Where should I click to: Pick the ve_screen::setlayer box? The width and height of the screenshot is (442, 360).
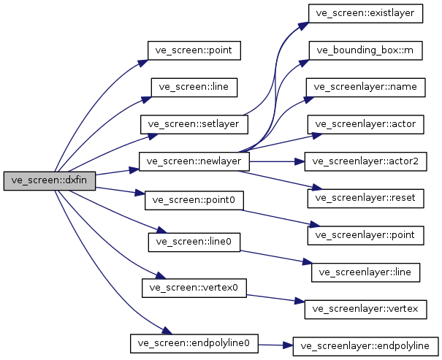(194, 123)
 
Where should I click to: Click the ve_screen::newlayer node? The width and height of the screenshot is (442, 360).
(194, 161)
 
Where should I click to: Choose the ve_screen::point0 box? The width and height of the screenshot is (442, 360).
(194, 199)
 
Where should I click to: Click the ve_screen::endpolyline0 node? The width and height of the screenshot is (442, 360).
(194, 342)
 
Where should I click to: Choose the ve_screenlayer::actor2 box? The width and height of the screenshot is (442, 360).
(365, 161)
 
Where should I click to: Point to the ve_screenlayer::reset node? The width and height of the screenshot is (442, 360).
(365, 197)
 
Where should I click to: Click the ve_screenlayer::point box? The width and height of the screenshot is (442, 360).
(365, 234)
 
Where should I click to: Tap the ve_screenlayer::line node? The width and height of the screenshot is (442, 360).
(365, 272)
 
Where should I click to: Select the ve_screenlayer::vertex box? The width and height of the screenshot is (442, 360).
(365, 308)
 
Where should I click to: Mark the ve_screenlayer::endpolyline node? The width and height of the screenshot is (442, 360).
(365, 346)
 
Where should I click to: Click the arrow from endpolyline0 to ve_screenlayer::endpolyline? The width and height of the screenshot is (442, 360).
(275, 345)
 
